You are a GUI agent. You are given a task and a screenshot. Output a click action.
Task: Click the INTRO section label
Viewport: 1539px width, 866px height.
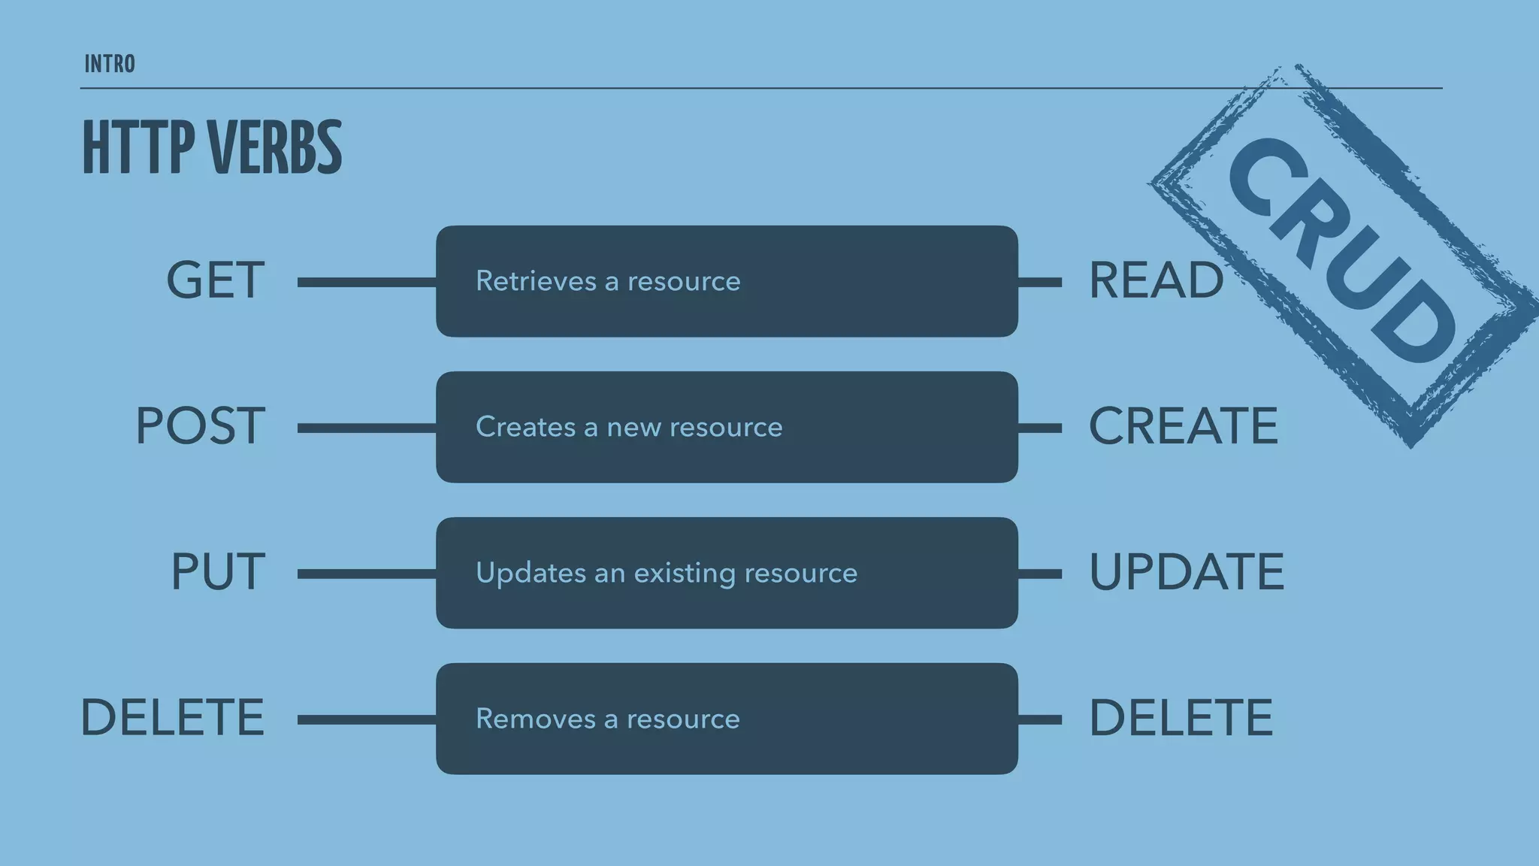tap(110, 65)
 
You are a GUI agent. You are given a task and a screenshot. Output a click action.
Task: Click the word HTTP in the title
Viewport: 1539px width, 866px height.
tap(138, 147)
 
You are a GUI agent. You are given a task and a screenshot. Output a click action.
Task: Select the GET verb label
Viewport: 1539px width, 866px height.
tap(215, 280)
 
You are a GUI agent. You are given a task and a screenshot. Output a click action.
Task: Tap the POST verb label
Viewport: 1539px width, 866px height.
tap(200, 426)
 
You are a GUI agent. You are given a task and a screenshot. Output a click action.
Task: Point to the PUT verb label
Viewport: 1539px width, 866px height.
tap(218, 572)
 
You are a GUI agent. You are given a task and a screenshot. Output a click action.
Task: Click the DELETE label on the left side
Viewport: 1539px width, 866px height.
tap(172, 718)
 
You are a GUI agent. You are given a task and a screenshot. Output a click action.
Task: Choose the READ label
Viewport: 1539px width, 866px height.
tap(1155, 280)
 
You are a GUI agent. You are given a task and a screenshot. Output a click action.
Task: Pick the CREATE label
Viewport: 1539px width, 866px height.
tap(1183, 426)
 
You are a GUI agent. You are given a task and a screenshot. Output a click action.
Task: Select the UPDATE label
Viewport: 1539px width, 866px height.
tap(1186, 572)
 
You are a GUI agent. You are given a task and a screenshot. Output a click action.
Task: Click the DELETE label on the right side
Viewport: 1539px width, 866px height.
tap(1181, 718)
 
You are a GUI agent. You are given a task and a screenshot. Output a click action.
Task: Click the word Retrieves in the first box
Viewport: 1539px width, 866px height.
tap(536, 281)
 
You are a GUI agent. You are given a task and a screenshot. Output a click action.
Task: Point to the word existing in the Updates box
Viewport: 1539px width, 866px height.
tap(685, 573)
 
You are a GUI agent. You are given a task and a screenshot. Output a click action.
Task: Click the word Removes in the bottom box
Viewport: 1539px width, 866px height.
tap(536, 719)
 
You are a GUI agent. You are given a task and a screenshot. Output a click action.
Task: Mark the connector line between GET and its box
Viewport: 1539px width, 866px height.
tap(366, 282)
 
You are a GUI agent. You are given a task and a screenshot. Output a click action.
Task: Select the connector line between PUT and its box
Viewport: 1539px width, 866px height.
tap(366, 574)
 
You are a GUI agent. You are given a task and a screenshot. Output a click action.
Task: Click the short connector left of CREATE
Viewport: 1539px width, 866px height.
tap(1040, 428)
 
